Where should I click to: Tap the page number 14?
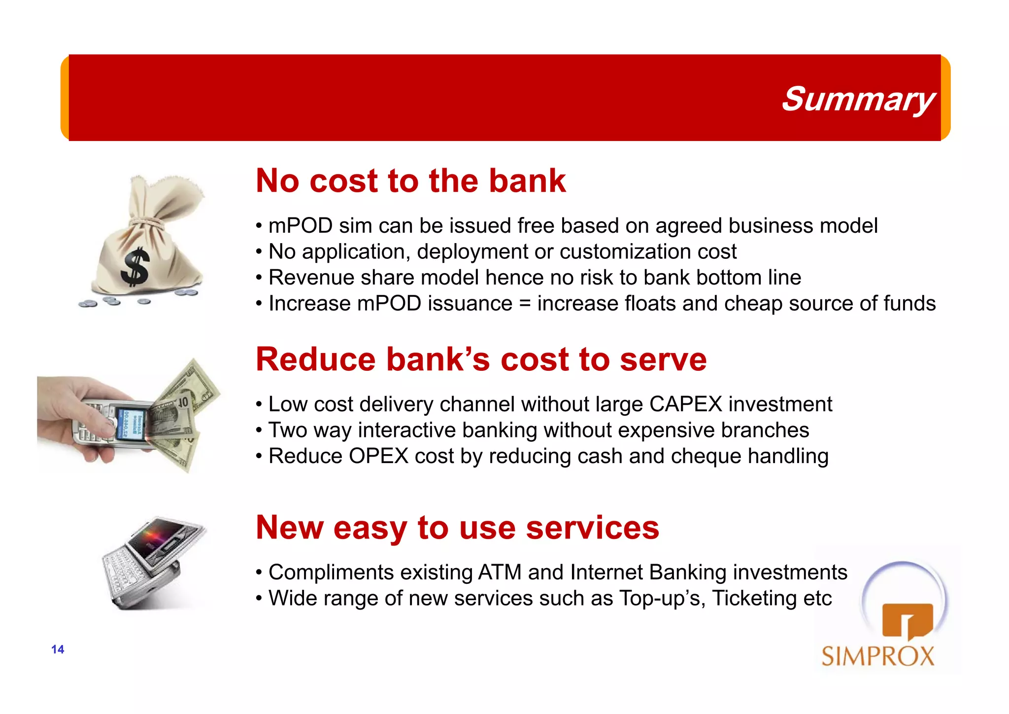[x=58, y=649]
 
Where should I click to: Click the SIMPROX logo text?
[x=877, y=656]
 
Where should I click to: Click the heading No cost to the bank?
[x=410, y=180]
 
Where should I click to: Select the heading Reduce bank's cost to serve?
[x=481, y=359]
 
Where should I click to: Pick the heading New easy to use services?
[x=457, y=528]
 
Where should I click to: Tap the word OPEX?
[x=378, y=456]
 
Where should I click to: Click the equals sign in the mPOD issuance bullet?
[x=525, y=304]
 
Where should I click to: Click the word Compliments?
[x=331, y=572]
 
